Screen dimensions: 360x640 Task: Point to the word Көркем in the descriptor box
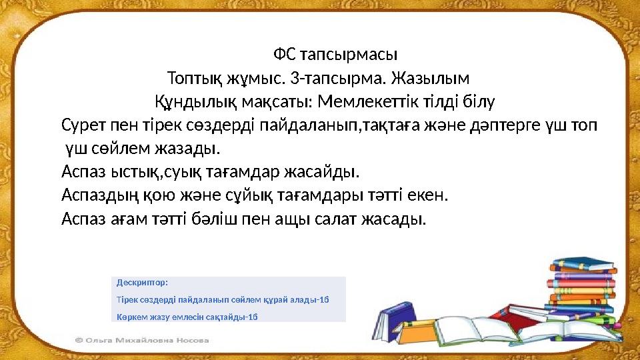131,315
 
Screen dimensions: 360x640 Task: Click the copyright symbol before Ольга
79,340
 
